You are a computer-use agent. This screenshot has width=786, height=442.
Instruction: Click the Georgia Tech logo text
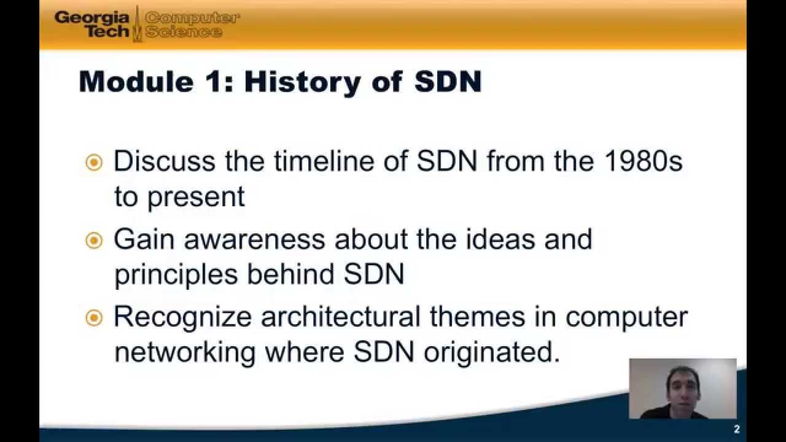coord(92,24)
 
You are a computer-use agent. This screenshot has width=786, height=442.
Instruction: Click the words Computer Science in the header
coord(192,25)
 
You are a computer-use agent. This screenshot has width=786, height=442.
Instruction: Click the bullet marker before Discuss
coord(94,163)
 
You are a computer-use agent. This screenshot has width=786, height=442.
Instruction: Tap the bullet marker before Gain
coord(94,240)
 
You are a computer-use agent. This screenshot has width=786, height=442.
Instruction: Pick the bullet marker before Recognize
coord(94,317)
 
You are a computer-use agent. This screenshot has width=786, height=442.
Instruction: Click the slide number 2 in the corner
coord(736,430)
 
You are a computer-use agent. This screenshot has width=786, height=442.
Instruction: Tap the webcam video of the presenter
coord(682,389)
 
